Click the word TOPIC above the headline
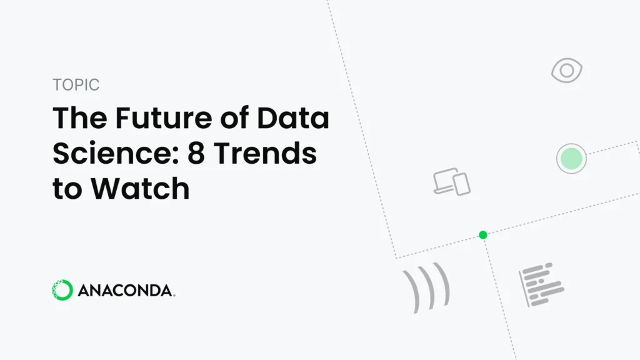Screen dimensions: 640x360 (76, 85)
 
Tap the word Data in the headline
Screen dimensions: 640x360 (292, 118)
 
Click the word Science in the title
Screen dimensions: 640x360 (116, 154)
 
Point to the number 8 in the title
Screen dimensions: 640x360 (196, 154)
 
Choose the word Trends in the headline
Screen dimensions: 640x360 (265, 154)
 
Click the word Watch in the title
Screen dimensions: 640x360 (140, 189)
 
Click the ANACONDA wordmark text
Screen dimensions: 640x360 (126, 291)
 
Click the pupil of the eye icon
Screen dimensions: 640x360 (566, 71)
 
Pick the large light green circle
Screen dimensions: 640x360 (571, 158)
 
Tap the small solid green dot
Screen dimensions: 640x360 (483, 235)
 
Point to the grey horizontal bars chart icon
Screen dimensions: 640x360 (541, 284)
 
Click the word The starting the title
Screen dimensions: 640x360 (80, 118)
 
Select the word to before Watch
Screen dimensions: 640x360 (67, 189)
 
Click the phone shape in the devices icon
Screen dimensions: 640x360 (462, 184)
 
